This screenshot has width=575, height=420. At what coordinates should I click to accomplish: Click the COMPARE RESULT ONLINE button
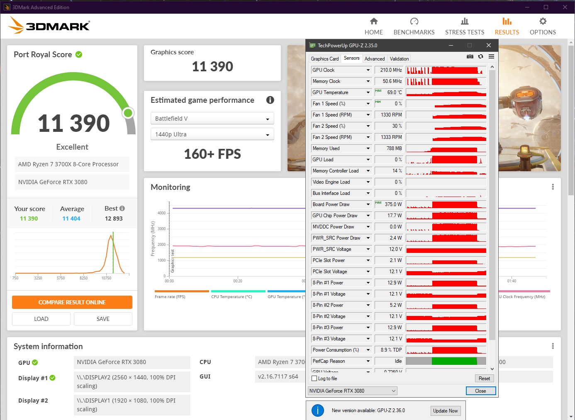pyautogui.click(x=72, y=302)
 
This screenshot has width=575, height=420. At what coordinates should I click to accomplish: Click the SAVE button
pyautogui.click(x=103, y=319)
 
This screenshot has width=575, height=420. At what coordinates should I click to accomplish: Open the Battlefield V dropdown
pyautogui.click(x=212, y=119)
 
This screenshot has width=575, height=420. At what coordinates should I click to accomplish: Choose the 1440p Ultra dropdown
pyautogui.click(x=212, y=134)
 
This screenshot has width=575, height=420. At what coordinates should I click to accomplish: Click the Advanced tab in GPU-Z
pyautogui.click(x=375, y=59)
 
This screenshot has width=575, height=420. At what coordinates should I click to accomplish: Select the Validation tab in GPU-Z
pyautogui.click(x=399, y=59)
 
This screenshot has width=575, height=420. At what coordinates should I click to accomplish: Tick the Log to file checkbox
pyautogui.click(x=314, y=379)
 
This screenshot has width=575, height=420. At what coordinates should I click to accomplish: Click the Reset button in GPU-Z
pyautogui.click(x=484, y=379)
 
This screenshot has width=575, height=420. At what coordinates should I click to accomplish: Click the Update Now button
pyautogui.click(x=445, y=411)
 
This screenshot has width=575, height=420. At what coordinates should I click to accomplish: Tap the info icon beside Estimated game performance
pyautogui.click(x=270, y=100)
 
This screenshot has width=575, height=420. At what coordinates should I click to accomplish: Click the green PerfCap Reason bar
pyautogui.click(x=454, y=361)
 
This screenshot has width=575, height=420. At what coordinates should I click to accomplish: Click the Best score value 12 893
pyautogui.click(x=114, y=218)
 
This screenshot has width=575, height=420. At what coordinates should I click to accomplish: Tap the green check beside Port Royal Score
pyautogui.click(x=79, y=54)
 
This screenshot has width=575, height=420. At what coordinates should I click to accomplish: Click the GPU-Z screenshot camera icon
pyautogui.click(x=470, y=56)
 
